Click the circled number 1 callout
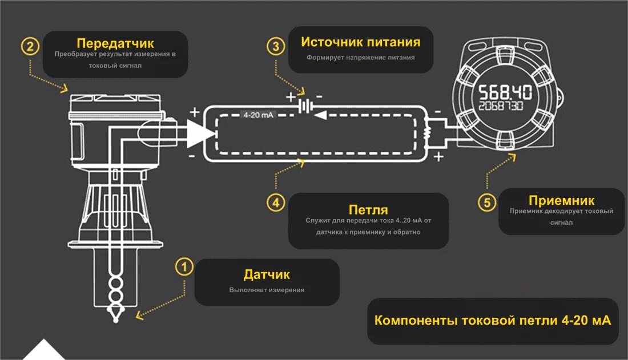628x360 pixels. click(x=183, y=268)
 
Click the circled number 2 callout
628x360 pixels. click(x=30, y=46)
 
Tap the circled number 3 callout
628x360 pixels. click(x=276, y=46)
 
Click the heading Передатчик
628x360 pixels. click(x=115, y=43)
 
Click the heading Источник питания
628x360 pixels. click(x=360, y=42)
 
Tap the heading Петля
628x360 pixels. click(x=368, y=209)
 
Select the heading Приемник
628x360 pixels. click(x=561, y=200)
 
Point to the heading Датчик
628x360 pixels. click(x=267, y=274)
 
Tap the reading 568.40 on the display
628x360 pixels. click(x=505, y=92)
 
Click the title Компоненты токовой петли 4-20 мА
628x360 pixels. click(x=492, y=321)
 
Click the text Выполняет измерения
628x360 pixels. click(x=267, y=290)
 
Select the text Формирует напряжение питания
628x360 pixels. click(x=360, y=58)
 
